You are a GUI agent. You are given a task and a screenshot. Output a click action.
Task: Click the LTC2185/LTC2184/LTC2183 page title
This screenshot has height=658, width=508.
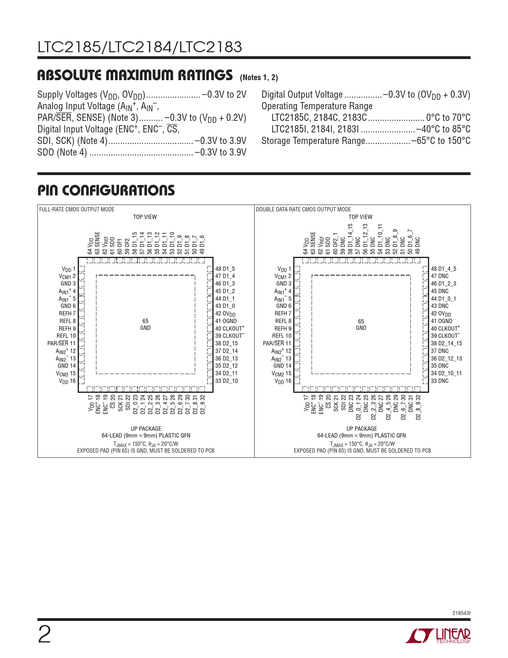pyautogui.click(x=140, y=47)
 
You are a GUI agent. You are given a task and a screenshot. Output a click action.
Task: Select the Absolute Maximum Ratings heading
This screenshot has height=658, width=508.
pyautogui.click(x=135, y=75)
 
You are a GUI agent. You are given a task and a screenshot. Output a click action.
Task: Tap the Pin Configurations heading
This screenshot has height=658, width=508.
pyautogui.click(x=106, y=191)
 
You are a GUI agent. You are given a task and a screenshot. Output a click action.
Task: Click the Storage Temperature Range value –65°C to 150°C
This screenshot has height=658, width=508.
pyautogui.click(x=441, y=141)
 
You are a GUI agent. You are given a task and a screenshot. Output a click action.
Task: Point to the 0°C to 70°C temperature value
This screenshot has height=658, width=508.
pyautogui.click(x=448, y=118)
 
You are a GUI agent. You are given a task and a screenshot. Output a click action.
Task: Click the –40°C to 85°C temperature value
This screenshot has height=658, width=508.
pyautogui.click(x=443, y=129)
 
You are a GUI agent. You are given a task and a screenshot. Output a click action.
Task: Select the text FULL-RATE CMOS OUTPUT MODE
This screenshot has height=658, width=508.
pyautogui.click(x=77, y=209)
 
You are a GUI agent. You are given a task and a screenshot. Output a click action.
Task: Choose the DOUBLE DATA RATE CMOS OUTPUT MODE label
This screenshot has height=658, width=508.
pyautogui.click(x=303, y=209)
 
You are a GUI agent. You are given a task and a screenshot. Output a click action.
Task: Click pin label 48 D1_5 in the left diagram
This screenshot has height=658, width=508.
pyautogui.click(x=225, y=269)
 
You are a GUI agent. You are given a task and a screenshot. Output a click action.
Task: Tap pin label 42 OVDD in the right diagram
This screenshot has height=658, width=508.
pyautogui.click(x=441, y=314)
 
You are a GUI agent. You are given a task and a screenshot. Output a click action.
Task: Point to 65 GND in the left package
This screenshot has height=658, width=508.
pyautogui.click(x=145, y=324)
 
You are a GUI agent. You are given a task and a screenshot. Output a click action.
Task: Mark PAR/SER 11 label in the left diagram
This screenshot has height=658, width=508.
pyautogui.click(x=61, y=343)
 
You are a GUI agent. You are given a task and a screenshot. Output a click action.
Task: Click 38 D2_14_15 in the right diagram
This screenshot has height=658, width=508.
pyautogui.click(x=446, y=343)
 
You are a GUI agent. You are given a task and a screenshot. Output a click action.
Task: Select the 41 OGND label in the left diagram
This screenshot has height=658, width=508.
pyautogui.click(x=226, y=321)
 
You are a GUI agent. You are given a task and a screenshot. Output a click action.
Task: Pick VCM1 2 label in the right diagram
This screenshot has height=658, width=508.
pyautogui.click(x=283, y=276)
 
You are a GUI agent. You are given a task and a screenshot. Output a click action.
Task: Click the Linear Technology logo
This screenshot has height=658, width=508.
pyautogui.click(x=438, y=636)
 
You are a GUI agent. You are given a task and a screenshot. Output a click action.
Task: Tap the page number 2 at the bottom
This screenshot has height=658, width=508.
pyautogui.click(x=44, y=635)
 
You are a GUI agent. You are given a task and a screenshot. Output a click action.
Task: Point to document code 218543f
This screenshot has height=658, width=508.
pyautogui.click(x=461, y=613)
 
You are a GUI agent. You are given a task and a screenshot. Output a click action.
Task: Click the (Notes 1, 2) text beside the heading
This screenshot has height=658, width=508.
pyautogui.click(x=259, y=77)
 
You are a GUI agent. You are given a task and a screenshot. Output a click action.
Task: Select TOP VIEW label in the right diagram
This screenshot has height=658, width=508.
pyautogui.click(x=361, y=217)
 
